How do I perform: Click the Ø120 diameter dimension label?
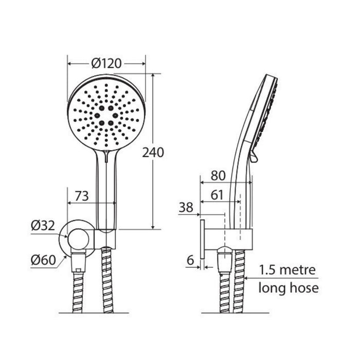[x=106, y=63]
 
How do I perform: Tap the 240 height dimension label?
[x=153, y=152]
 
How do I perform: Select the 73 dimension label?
[x=82, y=196]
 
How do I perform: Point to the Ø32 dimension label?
[x=43, y=225]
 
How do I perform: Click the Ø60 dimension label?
[x=43, y=260]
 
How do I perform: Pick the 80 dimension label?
[x=218, y=176]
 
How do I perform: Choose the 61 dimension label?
[x=217, y=195]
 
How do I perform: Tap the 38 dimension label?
[x=186, y=207]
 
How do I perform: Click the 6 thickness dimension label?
[x=190, y=260]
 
